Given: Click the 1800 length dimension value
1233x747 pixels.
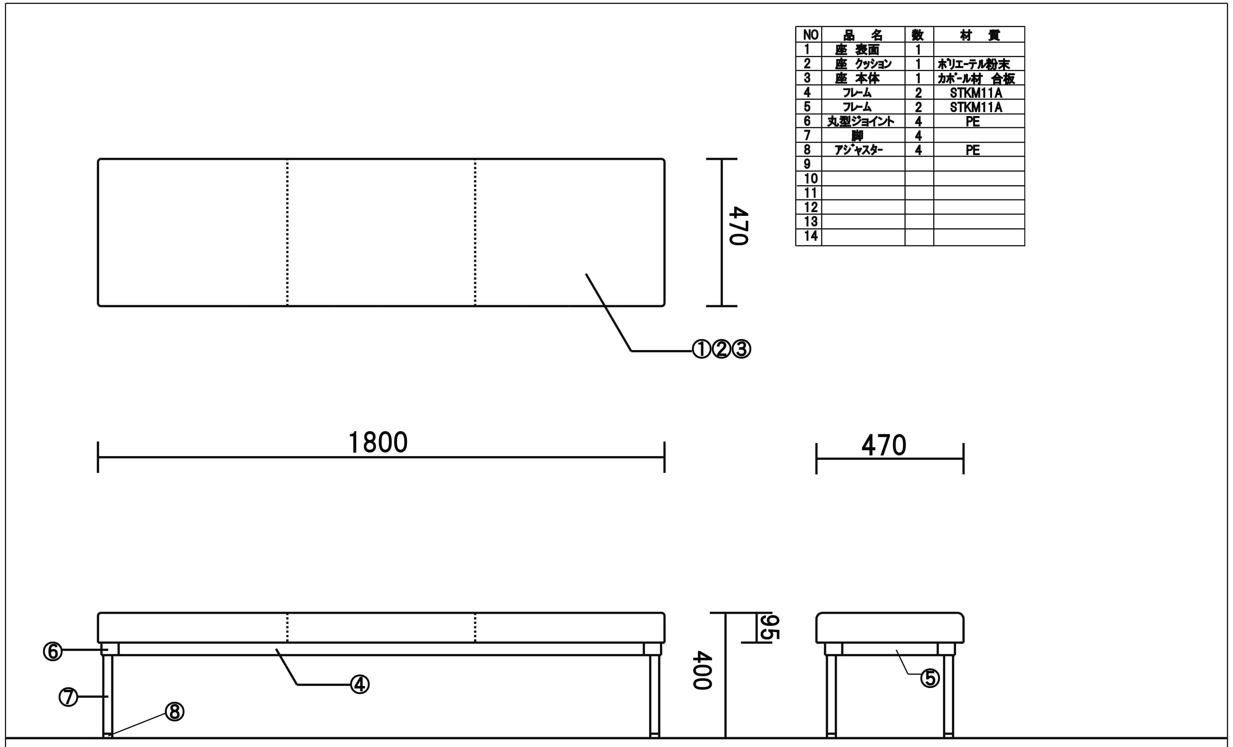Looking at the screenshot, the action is (378, 443).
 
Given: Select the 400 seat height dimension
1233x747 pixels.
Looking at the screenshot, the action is (702, 670).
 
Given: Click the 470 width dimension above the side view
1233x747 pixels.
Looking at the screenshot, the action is (884, 445).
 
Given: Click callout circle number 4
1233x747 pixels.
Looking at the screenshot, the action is (360, 684).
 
